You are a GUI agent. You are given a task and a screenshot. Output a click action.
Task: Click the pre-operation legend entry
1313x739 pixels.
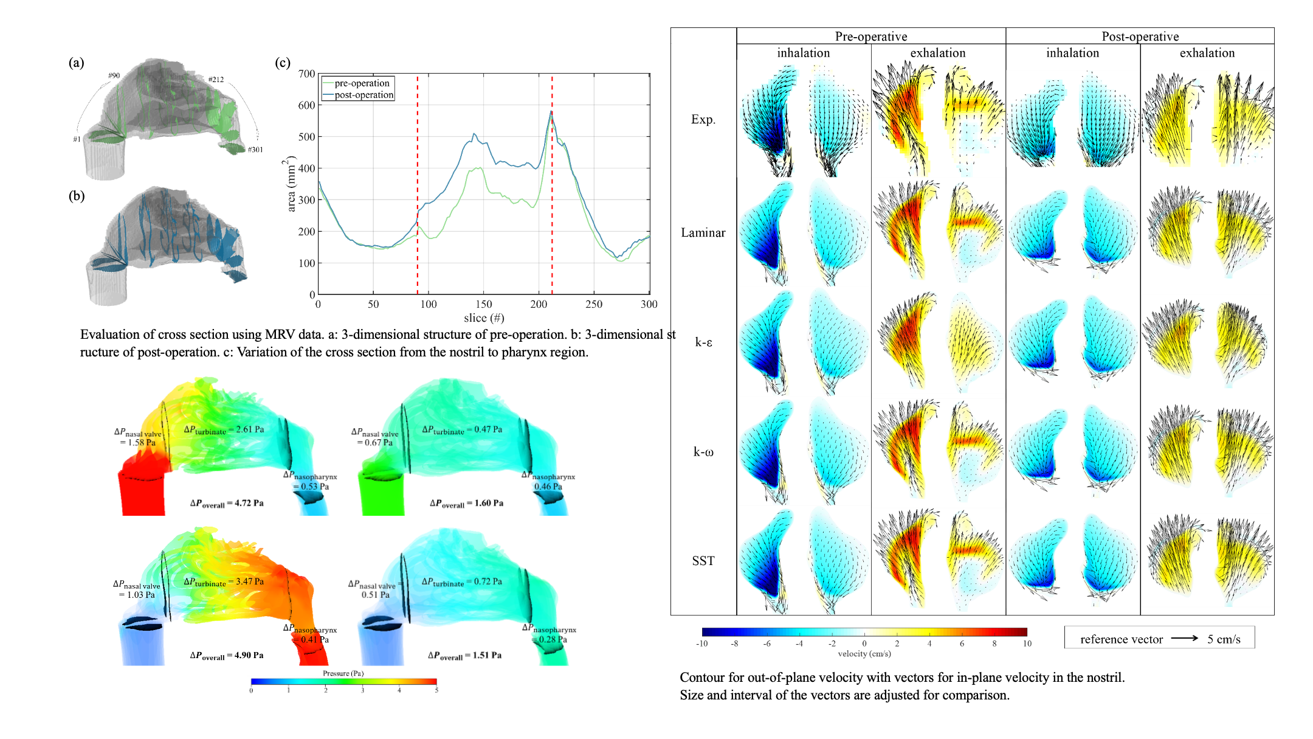(362, 83)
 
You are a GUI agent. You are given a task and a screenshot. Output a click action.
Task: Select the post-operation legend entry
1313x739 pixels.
(364, 95)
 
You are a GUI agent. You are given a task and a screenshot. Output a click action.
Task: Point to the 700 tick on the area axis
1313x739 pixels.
(307, 74)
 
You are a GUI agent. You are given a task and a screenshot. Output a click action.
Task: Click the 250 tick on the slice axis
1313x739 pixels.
(594, 304)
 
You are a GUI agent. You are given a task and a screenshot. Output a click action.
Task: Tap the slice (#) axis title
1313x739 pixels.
(484, 318)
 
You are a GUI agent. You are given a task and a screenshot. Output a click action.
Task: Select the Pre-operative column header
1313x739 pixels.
(870, 36)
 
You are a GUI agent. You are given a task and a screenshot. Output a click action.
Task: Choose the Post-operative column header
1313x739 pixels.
(1140, 36)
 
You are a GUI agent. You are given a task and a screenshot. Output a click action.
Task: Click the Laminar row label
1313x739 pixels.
(703, 232)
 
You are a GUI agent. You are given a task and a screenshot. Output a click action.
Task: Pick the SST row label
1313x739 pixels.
(703, 561)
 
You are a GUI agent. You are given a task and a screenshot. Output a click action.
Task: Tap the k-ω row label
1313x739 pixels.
(703, 452)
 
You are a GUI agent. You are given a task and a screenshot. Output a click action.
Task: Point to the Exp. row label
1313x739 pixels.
(703, 119)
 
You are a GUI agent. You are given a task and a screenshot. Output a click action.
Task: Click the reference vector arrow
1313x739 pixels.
(1184, 638)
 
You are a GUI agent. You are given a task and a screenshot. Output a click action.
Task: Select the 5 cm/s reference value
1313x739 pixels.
(1224, 639)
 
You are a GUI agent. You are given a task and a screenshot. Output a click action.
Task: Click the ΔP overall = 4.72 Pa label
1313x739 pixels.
(227, 504)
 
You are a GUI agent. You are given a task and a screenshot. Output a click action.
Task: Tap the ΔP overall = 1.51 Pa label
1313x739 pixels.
(464, 656)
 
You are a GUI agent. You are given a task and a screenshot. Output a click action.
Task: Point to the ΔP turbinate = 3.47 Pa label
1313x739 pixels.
(224, 582)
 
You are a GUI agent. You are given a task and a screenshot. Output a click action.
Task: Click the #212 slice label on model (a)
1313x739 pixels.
(216, 80)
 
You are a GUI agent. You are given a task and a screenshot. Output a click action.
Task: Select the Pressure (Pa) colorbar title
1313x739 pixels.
(343, 673)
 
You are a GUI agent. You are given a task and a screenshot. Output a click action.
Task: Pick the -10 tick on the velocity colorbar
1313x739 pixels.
(702, 644)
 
